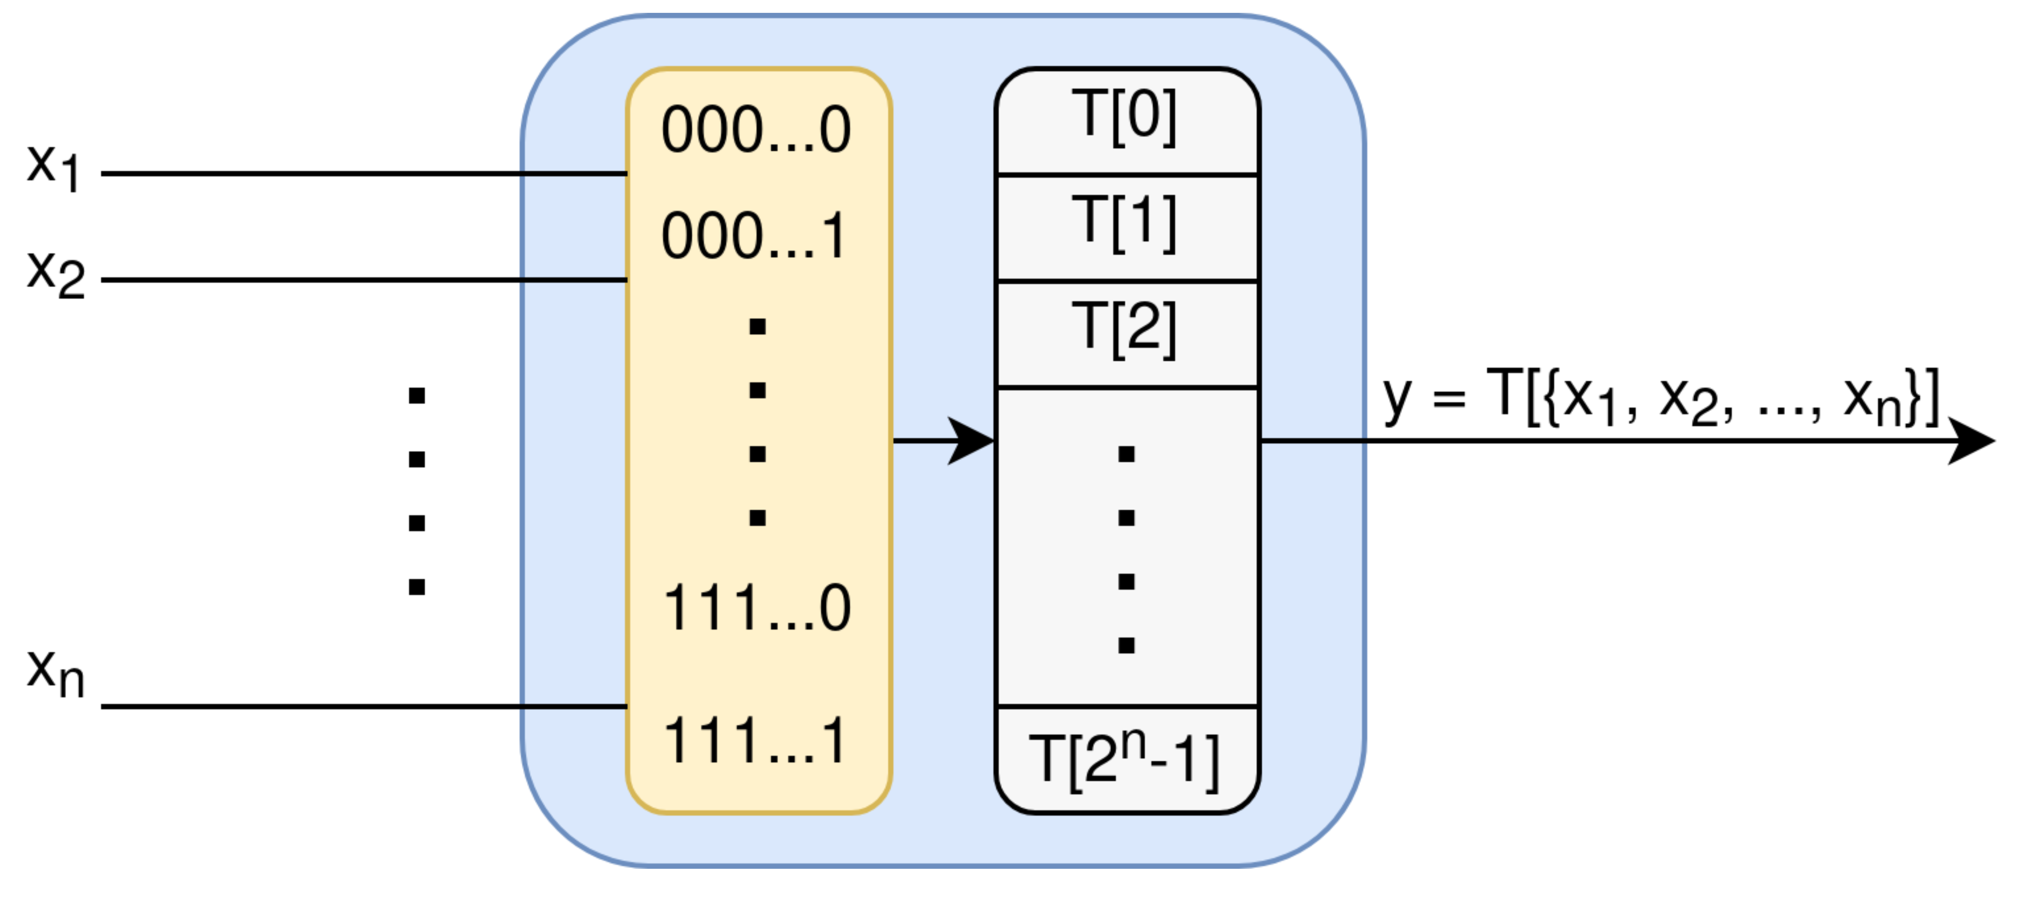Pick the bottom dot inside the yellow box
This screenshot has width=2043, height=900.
coord(758,518)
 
